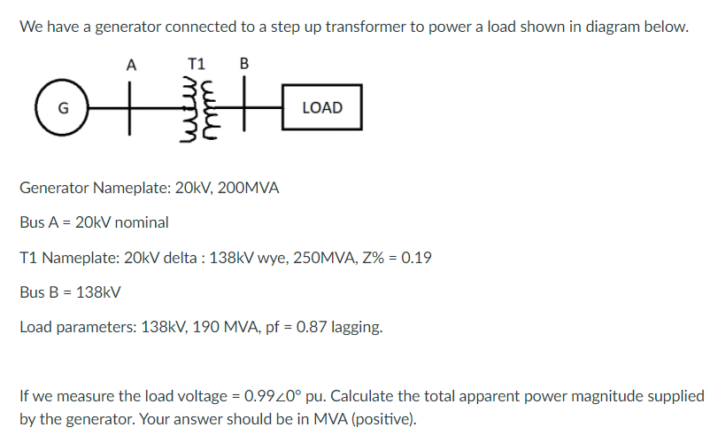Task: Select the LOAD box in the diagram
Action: tap(322, 108)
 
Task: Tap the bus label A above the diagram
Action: tap(132, 64)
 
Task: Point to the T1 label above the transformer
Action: tap(197, 64)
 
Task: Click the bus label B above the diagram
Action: tap(244, 64)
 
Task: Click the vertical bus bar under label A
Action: tap(132, 108)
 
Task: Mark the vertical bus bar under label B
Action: tap(245, 108)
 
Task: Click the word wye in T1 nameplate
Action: tap(267, 258)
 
